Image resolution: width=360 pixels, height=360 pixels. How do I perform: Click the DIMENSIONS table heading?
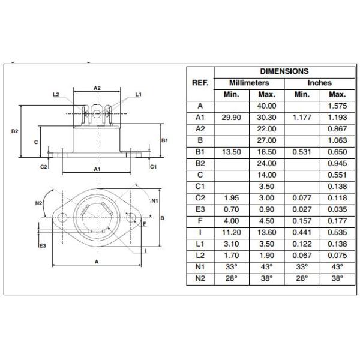point(284,71)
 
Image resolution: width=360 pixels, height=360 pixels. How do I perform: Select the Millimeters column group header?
point(249,83)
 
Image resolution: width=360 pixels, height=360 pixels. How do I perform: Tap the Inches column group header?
point(320,83)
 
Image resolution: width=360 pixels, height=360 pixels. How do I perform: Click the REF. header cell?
point(200,83)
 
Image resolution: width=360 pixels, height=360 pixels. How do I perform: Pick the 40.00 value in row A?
point(266,106)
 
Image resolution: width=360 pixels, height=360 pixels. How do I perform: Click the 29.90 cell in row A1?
point(232,118)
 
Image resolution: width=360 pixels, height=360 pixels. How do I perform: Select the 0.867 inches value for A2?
point(337,129)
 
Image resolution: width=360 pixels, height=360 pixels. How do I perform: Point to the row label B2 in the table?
point(200,163)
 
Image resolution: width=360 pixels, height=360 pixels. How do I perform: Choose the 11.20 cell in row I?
point(232,233)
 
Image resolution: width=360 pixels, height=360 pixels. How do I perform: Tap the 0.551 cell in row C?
point(337,175)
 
